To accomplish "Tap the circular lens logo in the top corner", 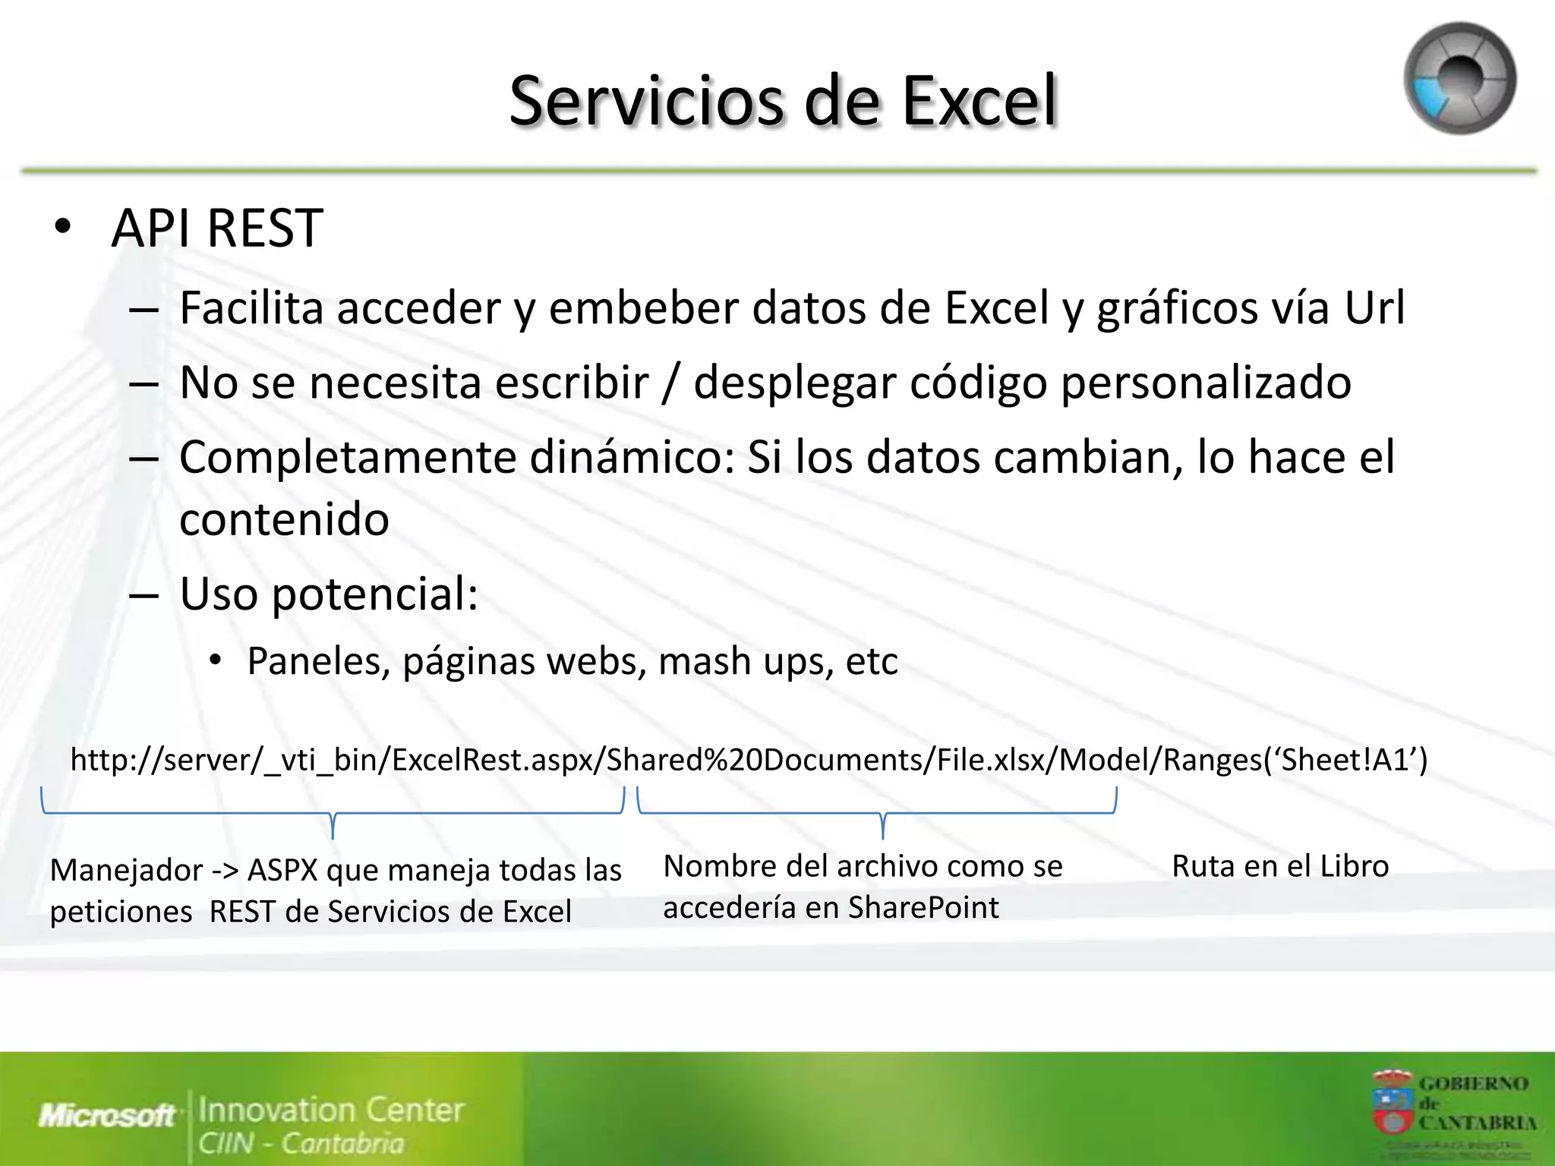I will [1459, 78].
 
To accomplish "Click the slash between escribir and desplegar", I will [670, 383].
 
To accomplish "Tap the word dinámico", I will [632, 457].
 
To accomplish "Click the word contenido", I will [284, 519].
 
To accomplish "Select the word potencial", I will [375, 594].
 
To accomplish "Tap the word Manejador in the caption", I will [127, 870].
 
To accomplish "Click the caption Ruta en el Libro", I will [1280, 866].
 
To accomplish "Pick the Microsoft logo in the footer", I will [107, 1115].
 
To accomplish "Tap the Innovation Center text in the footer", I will [331, 1110].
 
